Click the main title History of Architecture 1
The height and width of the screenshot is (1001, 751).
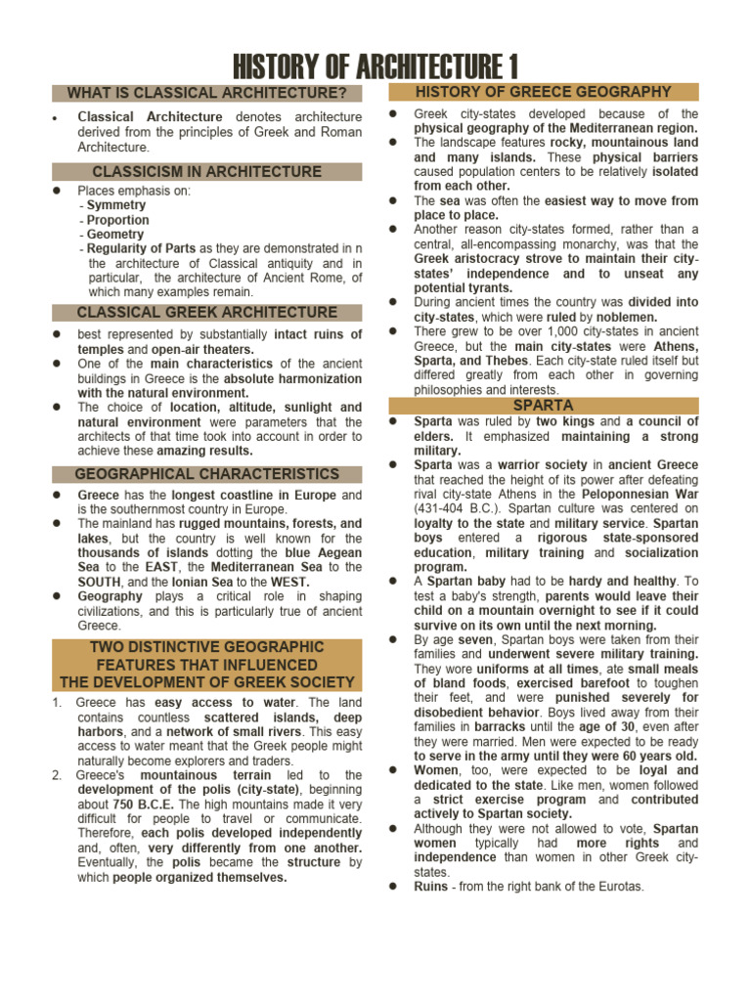(x=375, y=67)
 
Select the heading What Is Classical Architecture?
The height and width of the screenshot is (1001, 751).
(x=206, y=94)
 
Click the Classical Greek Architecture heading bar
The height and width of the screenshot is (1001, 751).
(x=206, y=313)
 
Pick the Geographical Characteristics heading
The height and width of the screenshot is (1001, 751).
(x=206, y=474)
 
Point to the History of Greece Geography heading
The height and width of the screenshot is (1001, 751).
(x=544, y=92)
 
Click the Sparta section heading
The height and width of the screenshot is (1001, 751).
(x=544, y=405)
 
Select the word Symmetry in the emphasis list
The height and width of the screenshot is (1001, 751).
(x=116, y=205)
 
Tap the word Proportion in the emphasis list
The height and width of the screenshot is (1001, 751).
(x=118, y=220)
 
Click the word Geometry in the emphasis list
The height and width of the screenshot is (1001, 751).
(x=115, y=235)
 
